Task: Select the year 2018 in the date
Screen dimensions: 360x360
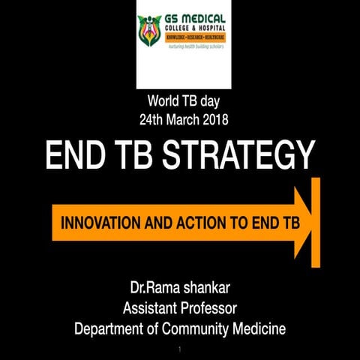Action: coord(214,118)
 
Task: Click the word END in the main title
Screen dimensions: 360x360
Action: coord(74,156)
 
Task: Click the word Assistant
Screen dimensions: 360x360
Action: coord(150,307)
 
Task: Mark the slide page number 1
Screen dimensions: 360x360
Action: coord(180,349)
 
